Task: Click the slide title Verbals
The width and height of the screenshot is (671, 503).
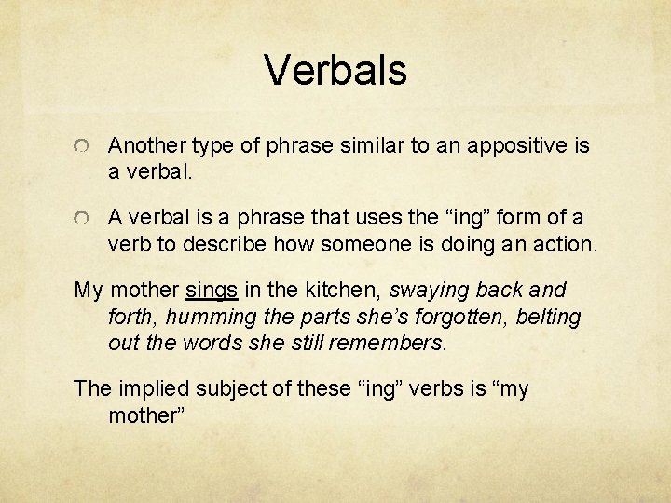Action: point(335,70)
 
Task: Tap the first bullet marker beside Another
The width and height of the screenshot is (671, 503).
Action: point(84,147)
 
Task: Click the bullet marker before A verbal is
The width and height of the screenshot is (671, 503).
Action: point(84,218)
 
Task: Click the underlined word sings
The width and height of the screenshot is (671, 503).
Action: point(212,290)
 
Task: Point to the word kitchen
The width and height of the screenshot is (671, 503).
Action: point(330,290)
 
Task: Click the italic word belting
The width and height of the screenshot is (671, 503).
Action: point(545,317)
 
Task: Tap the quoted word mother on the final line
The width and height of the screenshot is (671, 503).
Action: point(147,415)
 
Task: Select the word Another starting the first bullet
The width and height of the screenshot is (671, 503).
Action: point(146,146)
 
